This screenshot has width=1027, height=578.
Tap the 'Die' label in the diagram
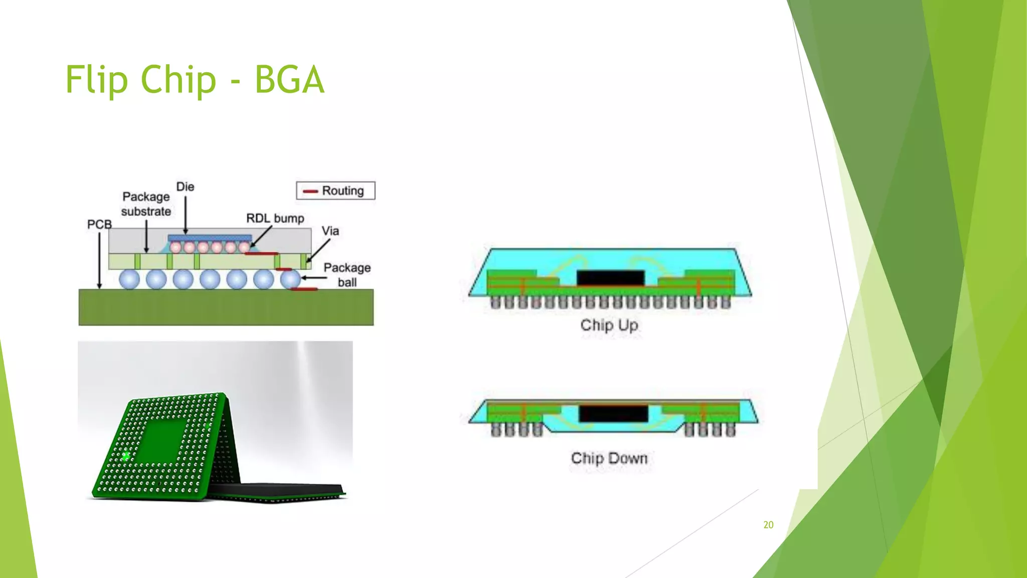click(185, 187)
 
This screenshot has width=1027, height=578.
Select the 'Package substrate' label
click(146, 204)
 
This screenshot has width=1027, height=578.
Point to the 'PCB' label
click(99, 224)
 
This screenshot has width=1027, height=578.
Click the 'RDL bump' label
click(275, 218)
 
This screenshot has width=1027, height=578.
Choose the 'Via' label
click(330, 231)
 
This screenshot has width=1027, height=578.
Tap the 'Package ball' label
click(347, 274)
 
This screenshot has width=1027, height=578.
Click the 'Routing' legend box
click(335, 191)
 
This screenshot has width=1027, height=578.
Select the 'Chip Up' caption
click(609, 325)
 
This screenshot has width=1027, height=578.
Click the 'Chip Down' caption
click(609, 458)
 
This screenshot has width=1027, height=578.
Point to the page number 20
click(768, 525)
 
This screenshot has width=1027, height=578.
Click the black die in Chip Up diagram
click(610, 277)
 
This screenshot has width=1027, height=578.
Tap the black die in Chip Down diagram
click(613, 413)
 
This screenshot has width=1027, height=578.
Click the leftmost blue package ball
click(129, 279)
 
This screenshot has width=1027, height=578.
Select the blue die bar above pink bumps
click(210, 238)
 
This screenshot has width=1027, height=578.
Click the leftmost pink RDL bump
click(176, 247)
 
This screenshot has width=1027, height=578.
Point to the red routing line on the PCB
click(304, 289)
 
